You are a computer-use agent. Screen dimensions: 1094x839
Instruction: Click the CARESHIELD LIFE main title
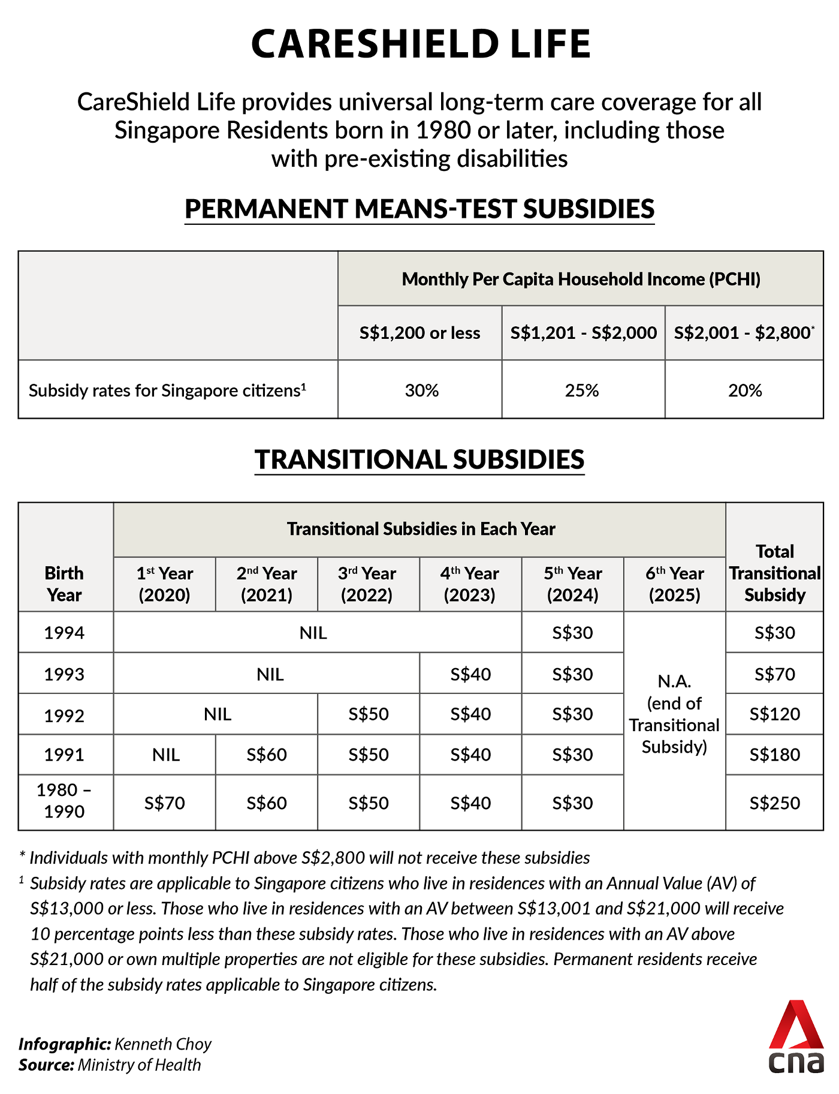pyautogui.click(x=421, y=44)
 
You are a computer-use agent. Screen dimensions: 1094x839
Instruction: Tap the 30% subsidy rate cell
pyautogui.click(x=422, y=390)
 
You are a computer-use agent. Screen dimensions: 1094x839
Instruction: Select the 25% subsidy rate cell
pyautogui.click(x=582, y=390)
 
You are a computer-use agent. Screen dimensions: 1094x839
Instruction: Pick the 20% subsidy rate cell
pyautogui.click(x=745, y=390)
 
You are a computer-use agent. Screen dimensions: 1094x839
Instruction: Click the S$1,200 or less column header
pyautogui.click(x=419, y=333)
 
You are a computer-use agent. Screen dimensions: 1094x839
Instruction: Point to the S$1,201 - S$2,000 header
pyautogui.click(x=583, y=333)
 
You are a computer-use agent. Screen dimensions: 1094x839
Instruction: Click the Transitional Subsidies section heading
pyautogui.click(x=419, y=459)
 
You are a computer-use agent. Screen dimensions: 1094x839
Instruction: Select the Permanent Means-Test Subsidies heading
pyautogui.click(x=419, y=209)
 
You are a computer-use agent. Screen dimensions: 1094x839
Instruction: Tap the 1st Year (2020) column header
pyautogui.click(x=165, y=584)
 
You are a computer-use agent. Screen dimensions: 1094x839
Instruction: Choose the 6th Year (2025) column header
pyautogui.click(x=674, y=584)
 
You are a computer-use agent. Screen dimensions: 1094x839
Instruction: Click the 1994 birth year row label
pyautogui.click(x=64, y=633)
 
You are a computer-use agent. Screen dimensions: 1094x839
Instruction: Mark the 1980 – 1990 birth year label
pyautogui.click(x=64, y=801)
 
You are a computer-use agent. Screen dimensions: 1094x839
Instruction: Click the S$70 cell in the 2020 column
pyautogui.click(x=165, y=803)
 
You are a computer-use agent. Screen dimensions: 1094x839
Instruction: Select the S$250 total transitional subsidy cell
pyautogui.click(x=774, y=803)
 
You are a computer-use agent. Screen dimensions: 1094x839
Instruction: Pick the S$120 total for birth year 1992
pyautogui.click(x=774, y=714)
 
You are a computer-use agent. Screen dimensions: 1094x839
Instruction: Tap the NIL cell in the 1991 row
pyautogui.click(x=166, y=755)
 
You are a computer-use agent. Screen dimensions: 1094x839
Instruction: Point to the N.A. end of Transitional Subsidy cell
pyautogui.click(x=674, y=714)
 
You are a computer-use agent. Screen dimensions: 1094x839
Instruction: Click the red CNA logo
pyautogui.click(x=796, y=1036)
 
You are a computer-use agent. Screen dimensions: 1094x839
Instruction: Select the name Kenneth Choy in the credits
pyautogui.click(x=163, y=1044)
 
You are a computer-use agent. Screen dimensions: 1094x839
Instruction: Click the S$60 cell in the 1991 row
pyautogui.click(x=267, y=755)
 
